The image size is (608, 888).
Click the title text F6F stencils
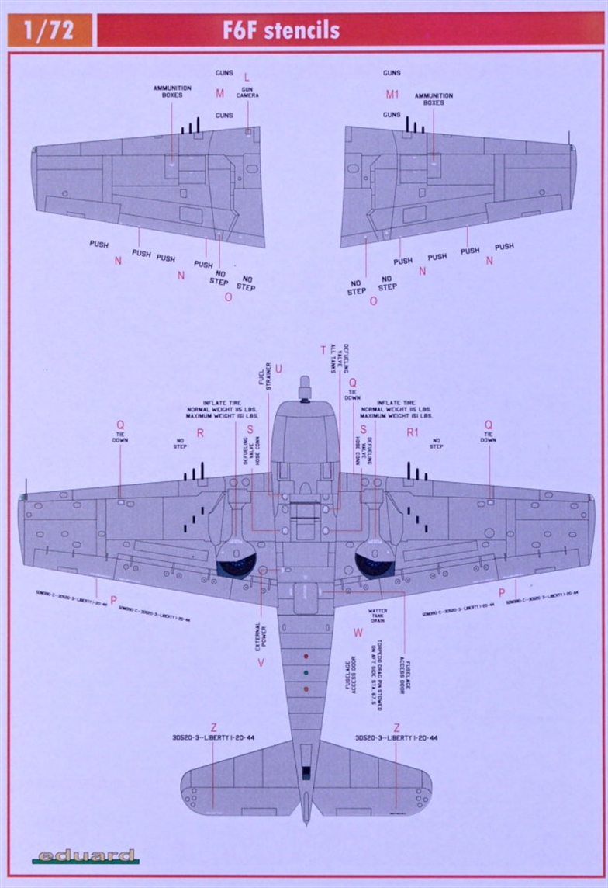pyautogui.click(x=282, y=30)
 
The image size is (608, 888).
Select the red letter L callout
pyautogui.click(x=247, y=77)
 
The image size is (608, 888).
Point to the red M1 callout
pyautogui.click(x=392, y=95)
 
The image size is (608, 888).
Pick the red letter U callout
pyautogui.click(x=278, y=368)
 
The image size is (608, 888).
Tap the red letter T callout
pyautogui.click(x=323, y=350)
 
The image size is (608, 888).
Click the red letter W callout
pyautogui.click(x=358, y=633)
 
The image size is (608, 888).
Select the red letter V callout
pyautogui.click(x=261, y=662)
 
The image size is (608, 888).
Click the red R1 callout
pyautogui.click(x=412, y=432)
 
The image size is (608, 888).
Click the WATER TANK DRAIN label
pyautogui.click(x=378, y=616)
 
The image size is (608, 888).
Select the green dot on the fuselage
pyautogui.click(x=306, y=672)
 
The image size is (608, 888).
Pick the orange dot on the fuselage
pyautogui.click(x=306, y=689)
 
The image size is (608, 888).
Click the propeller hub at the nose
pyautogui.click(x=305, y=386)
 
